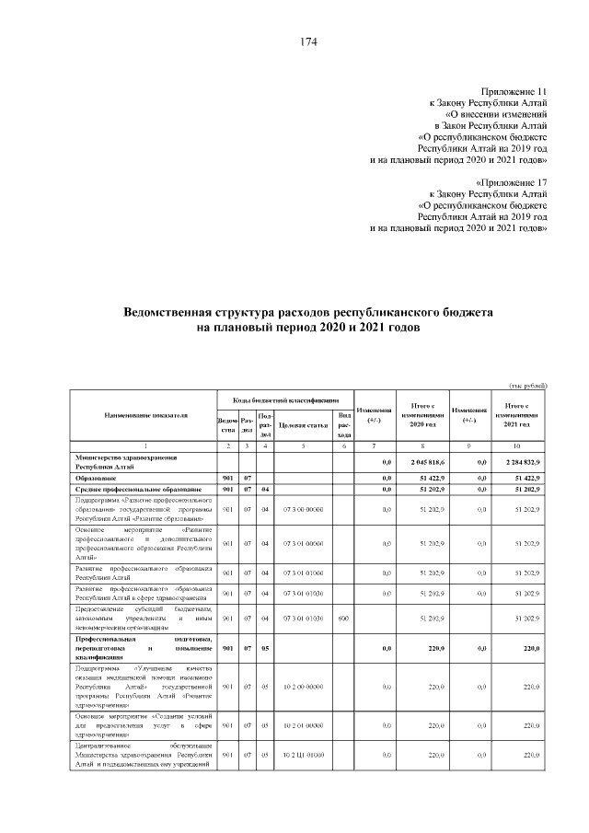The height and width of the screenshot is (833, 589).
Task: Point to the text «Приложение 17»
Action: click(x=514, y=183)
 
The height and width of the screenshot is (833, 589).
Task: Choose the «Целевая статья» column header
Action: click(x=303, y=424)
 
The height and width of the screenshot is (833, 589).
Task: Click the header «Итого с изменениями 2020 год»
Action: click(x=422, y=415)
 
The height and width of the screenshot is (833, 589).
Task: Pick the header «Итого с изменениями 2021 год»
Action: click(x=515, y=415)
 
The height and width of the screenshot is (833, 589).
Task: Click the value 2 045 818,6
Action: click(x=422, y=461)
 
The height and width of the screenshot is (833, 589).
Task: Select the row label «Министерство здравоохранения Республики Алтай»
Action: click(x=127, y=461)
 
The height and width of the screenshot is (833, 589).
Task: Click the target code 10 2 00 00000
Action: click(x=303, y=687)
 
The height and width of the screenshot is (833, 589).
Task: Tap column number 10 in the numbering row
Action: click(x=515, y=445)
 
